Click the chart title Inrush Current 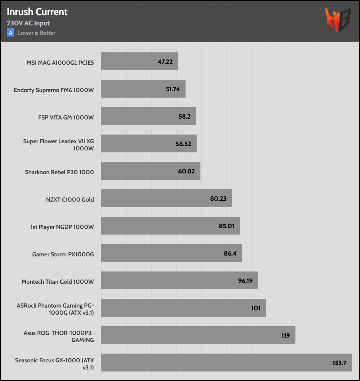click(37, 12)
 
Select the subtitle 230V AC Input click(28, 23)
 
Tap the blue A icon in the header click(11, 33)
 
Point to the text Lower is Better click(37, 33)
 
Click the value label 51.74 click(173, 89)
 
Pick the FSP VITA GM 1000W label click(66, 117)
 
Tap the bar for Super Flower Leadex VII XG click(139, 144)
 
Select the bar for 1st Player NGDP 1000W click(159, 226)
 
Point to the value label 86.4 click(230, 254)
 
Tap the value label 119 click(285, 336)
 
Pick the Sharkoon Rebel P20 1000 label click(60, 172)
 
